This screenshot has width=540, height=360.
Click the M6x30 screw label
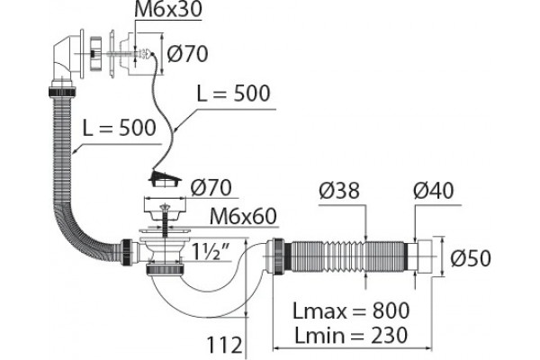(x=168, y=9)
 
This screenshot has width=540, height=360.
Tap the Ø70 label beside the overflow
(x=187, y=53)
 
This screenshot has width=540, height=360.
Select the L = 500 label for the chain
(x=233, y=93)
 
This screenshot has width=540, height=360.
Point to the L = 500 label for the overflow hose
(x=119, y=128)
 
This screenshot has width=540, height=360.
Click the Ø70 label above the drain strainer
(x=211, y=188)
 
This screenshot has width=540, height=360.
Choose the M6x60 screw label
(x=243, y=216)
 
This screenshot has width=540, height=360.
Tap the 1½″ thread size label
(x=211, y=251)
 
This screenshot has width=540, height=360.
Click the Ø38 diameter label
(x=339, y=190)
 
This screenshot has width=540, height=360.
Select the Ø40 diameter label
(x=434, y=190)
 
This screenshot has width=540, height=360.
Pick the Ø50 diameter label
(x=471, y=258)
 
